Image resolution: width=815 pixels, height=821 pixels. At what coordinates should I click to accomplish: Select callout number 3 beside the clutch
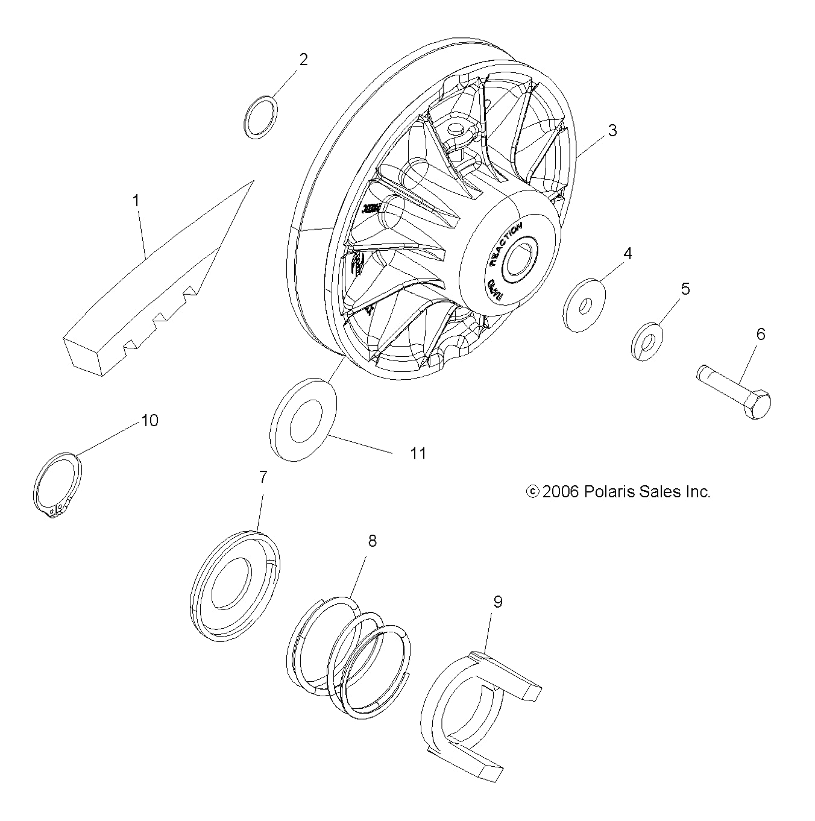[612, 130]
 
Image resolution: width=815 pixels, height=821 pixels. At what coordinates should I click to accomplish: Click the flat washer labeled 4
[585, 305]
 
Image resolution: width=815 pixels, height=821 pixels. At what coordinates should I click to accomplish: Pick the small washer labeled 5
[647, 342]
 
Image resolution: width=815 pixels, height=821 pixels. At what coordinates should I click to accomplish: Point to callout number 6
[760, 334]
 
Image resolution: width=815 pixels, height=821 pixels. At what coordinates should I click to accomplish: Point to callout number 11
[418, 453]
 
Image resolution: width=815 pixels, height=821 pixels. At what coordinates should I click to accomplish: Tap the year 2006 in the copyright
[560, 492]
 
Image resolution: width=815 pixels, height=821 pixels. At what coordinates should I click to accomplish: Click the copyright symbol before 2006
[532, 492]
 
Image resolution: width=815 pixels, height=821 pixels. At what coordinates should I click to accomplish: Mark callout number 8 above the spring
[372, 541]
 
